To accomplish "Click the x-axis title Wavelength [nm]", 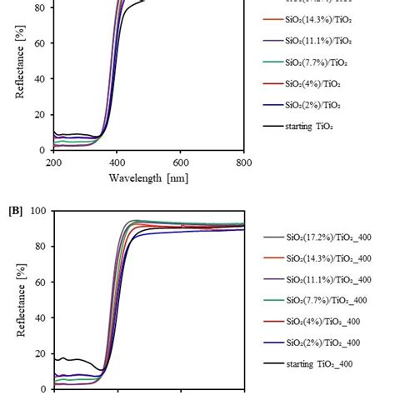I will tap(148, 177).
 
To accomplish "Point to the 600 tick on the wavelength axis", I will tap(180, 162).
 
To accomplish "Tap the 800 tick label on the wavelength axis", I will tap(243, 162).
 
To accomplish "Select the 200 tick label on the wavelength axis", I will tap(54, 162).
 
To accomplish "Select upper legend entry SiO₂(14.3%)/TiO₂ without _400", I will tap(318, 18).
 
